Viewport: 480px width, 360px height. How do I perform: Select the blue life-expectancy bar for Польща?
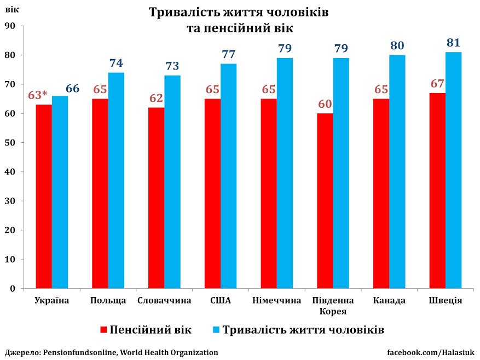click(116, 180)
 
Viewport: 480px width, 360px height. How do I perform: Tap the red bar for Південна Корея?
click(325, 200)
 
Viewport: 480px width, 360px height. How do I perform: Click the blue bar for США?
click(229, 176)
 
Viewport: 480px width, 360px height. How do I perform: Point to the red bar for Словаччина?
click(156, 198)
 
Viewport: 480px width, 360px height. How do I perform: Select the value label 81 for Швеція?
click(454, 43)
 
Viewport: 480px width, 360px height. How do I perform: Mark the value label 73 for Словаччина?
click(172, 66)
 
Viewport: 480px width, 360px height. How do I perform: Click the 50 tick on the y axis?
click(11, 142)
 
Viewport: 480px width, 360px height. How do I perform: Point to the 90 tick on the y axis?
click(11, 26)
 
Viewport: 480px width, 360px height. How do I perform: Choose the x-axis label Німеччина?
click(277, 300)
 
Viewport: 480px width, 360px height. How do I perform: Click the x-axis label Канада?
click(389, 300)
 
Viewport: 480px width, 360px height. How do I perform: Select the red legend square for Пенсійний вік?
click(104, 330)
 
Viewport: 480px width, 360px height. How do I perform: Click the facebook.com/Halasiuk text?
click(431, 352)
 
